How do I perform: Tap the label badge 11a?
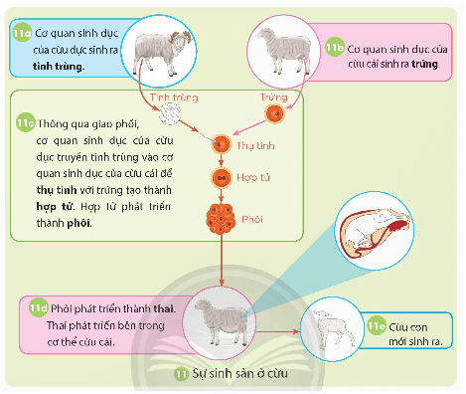click(x=23, y=34)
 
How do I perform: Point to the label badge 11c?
click(x=27, y=123)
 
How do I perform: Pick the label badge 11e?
click(x=377, y=324)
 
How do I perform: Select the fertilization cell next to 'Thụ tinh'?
click(x=222, y=146)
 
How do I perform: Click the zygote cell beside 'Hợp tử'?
click(x=222, y=179)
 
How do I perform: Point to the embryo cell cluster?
click(x=222, y=217)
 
